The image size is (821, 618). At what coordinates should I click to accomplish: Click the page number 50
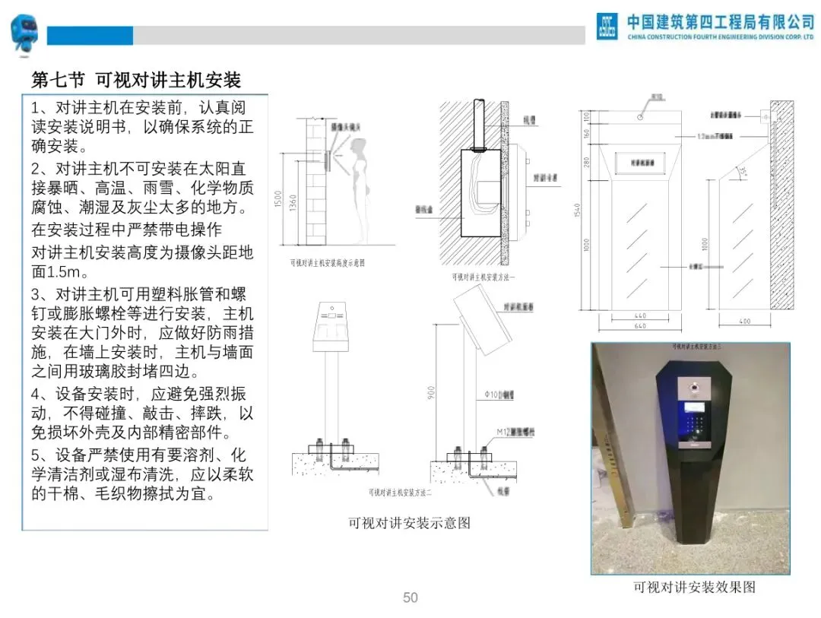[410, 597]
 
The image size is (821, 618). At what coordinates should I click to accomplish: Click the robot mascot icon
[24, 34]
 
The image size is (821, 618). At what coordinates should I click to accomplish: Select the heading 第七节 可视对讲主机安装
[136, 79]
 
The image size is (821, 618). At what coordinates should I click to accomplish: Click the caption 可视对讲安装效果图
[694, 588]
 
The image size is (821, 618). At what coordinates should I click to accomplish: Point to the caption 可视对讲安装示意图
[409, 523]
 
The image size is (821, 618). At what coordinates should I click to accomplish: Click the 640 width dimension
[641, 326]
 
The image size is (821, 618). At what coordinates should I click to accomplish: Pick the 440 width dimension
[641, 315]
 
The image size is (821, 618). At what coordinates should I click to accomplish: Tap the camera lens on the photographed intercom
[693, 391]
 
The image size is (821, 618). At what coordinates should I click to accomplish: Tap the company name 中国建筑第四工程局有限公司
[720, 21]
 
